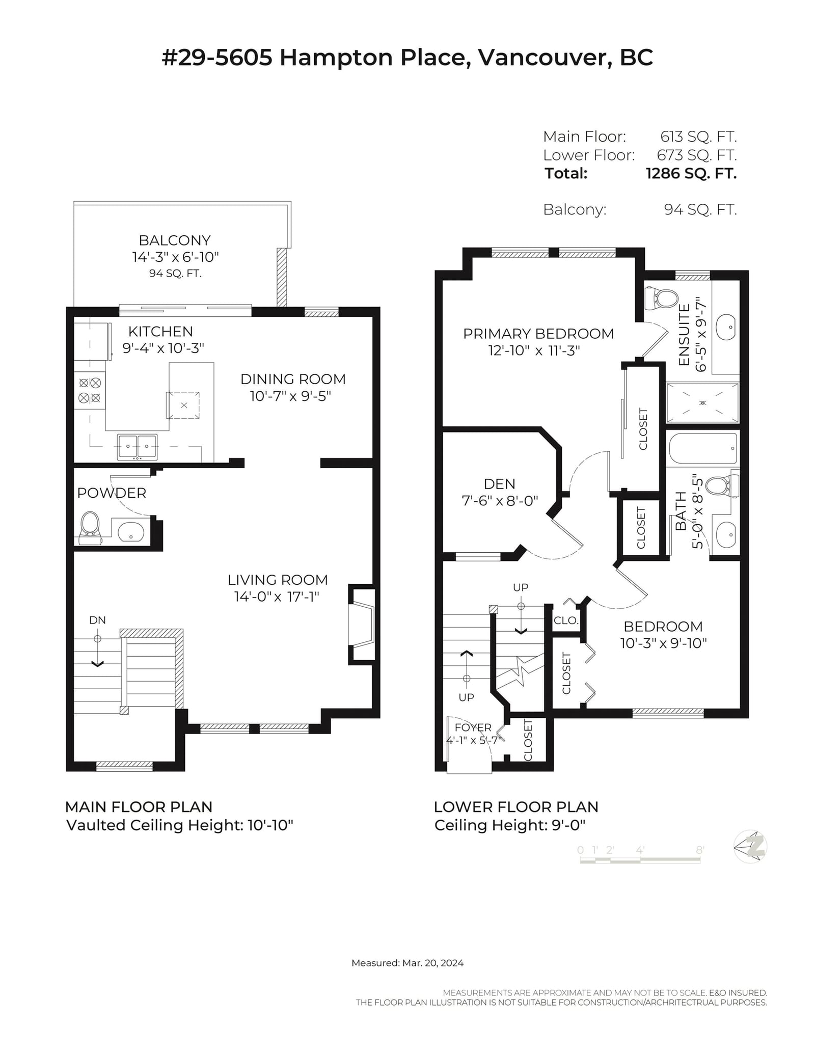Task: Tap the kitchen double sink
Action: (137, 447)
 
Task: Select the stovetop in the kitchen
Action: (90, 390)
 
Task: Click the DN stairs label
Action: (97, 620)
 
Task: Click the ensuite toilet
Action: (661, 298)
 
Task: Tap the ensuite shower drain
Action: (702, 402)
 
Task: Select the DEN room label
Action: (499, 484)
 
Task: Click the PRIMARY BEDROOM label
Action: (538, 334)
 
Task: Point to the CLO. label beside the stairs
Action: (566, 620)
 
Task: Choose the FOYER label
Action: (473, 727)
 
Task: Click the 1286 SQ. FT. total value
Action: (691, 174)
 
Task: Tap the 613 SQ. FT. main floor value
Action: (698, 137)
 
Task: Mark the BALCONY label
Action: (175, 240)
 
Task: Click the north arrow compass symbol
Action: (750, 846)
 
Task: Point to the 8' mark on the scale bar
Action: (700, 850)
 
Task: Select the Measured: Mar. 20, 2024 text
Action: (407, 963)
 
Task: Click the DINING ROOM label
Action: (293, 379)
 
